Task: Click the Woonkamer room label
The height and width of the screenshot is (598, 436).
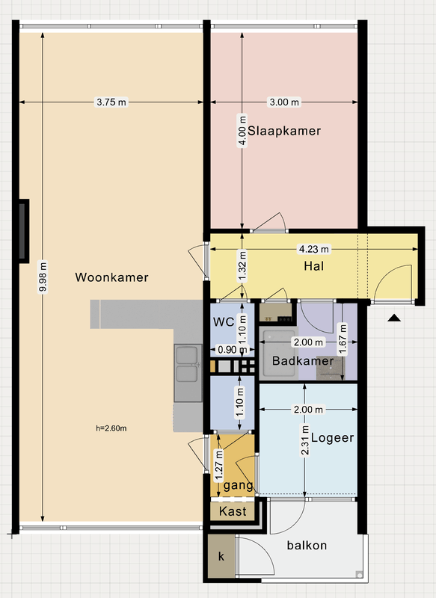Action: click(111, 277)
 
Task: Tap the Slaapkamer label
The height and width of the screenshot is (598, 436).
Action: click(284, 131)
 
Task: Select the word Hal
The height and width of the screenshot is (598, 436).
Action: click(314, 266)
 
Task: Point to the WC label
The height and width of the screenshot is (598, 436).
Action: click(224, 322)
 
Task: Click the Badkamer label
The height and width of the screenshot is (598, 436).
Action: click(303, 361)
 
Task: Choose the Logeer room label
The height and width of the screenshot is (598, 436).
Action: click(332, 438)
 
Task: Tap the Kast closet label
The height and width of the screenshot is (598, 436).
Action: click(233, 511)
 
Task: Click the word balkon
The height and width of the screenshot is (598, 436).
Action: click(307, 546)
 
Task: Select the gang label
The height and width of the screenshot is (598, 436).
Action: click(238, 485)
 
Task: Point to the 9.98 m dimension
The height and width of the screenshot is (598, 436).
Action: click(43, 277)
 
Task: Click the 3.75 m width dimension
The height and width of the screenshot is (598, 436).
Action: click(111, 102)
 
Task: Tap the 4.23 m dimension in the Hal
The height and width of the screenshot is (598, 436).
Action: click(314, 249)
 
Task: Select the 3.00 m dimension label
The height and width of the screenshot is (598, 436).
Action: click(284, 102)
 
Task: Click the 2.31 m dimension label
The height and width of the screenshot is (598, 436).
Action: click(305, 440)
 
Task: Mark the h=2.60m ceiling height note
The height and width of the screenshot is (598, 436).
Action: click(111, 428)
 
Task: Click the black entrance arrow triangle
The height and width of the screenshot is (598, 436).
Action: click(394, 318)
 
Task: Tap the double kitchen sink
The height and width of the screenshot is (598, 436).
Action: click(188, 372)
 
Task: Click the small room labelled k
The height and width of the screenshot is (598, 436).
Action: click(221, 556)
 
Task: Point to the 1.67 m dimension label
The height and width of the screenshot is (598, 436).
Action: click(343, 339)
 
